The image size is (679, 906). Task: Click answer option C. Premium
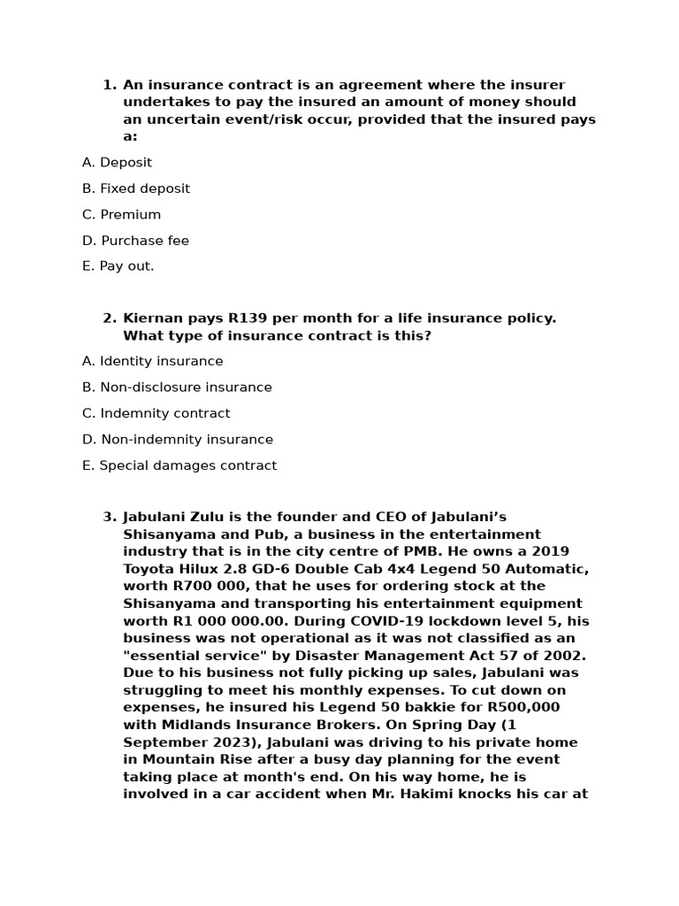(121, 214)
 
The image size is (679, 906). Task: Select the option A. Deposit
(117, 162)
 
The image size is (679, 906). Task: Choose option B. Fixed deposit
(135, 188)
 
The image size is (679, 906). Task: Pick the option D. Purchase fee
(135, 241)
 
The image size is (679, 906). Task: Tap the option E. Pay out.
(118, 266)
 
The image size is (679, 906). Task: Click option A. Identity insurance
(152, 361)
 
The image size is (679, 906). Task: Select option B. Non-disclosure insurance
(177, 388)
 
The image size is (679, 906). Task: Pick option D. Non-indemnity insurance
(177, 440)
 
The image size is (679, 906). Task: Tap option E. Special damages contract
(179, 465)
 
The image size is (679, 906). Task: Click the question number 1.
(109, 85)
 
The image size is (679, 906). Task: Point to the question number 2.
(109, 319)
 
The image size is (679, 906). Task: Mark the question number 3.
(109, 517)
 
